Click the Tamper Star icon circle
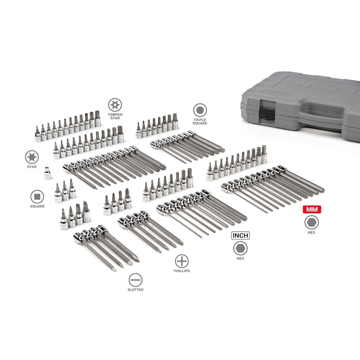(x=115, y=105)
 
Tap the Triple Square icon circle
(x=200, y=110)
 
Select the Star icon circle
(x=31, y=157)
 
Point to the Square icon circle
(x=37, y=197)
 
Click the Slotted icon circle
(x=135, y=280)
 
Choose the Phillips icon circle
(x=182, y=261)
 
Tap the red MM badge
(x=312, y=210)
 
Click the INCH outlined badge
(x=241, y=236)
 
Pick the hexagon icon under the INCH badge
(x=241, y=249)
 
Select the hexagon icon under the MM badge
(x=311, y=222)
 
